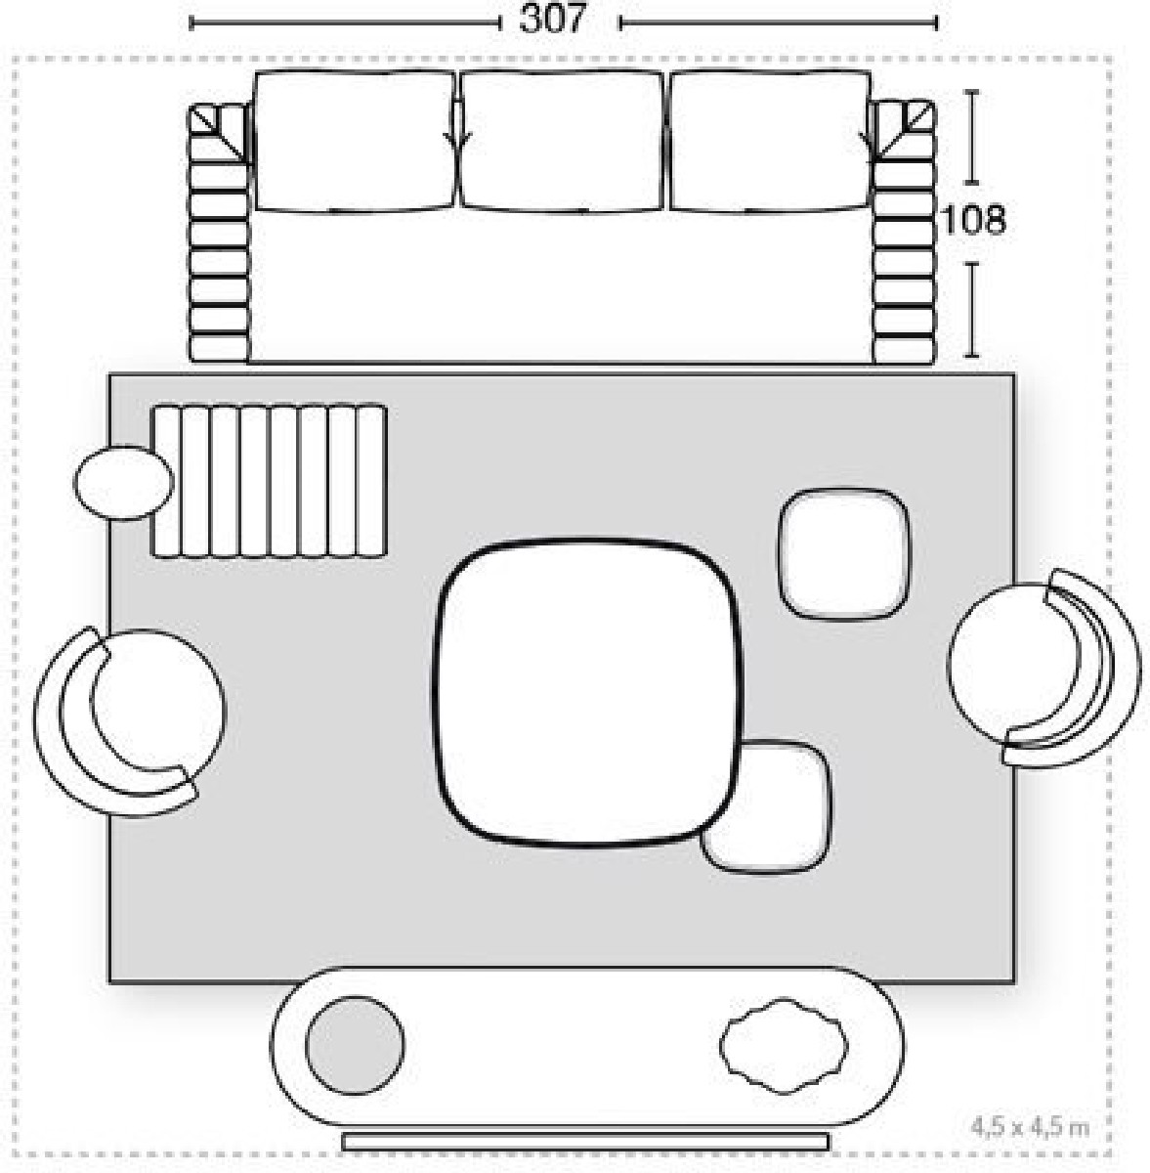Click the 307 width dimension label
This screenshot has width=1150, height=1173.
pos(552,21)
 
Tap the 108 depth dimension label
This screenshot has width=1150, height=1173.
pos(973,219)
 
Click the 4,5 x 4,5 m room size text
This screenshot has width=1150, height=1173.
pos(1030,1128)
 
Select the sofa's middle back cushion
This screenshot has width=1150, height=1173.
pos(561,141)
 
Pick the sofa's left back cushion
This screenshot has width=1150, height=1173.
pos(355,141)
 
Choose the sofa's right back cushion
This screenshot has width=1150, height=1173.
pos(770,141)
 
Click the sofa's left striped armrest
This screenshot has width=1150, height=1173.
pos(219,234)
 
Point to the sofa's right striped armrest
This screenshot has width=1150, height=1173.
pos(904,234)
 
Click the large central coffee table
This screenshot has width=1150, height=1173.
pos(587,692)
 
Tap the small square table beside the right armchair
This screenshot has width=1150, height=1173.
pos(843,554)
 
